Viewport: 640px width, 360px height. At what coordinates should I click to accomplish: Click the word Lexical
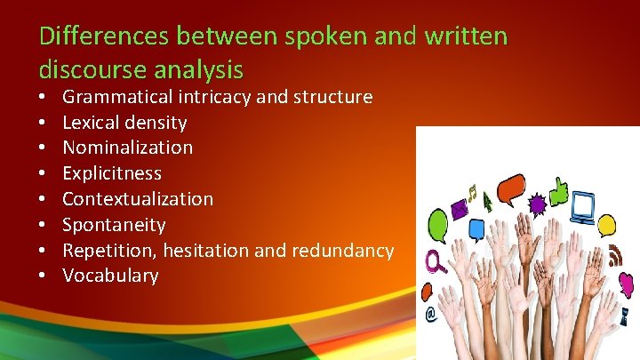tap(92, 122)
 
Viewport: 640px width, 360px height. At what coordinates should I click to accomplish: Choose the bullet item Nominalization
tap(127, 148)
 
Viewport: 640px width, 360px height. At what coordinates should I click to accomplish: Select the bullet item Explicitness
tap(112, 173)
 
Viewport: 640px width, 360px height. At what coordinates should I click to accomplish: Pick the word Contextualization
tap(138, 199)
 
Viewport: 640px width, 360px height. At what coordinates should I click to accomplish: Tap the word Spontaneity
tap(114, 225)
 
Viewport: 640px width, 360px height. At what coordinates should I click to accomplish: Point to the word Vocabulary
tap(110, 276)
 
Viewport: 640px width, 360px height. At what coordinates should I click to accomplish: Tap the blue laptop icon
tap(583, 207)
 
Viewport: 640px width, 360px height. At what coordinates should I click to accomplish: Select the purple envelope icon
tap(460, 210)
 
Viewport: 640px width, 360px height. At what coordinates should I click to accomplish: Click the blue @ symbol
tap(431, 313)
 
